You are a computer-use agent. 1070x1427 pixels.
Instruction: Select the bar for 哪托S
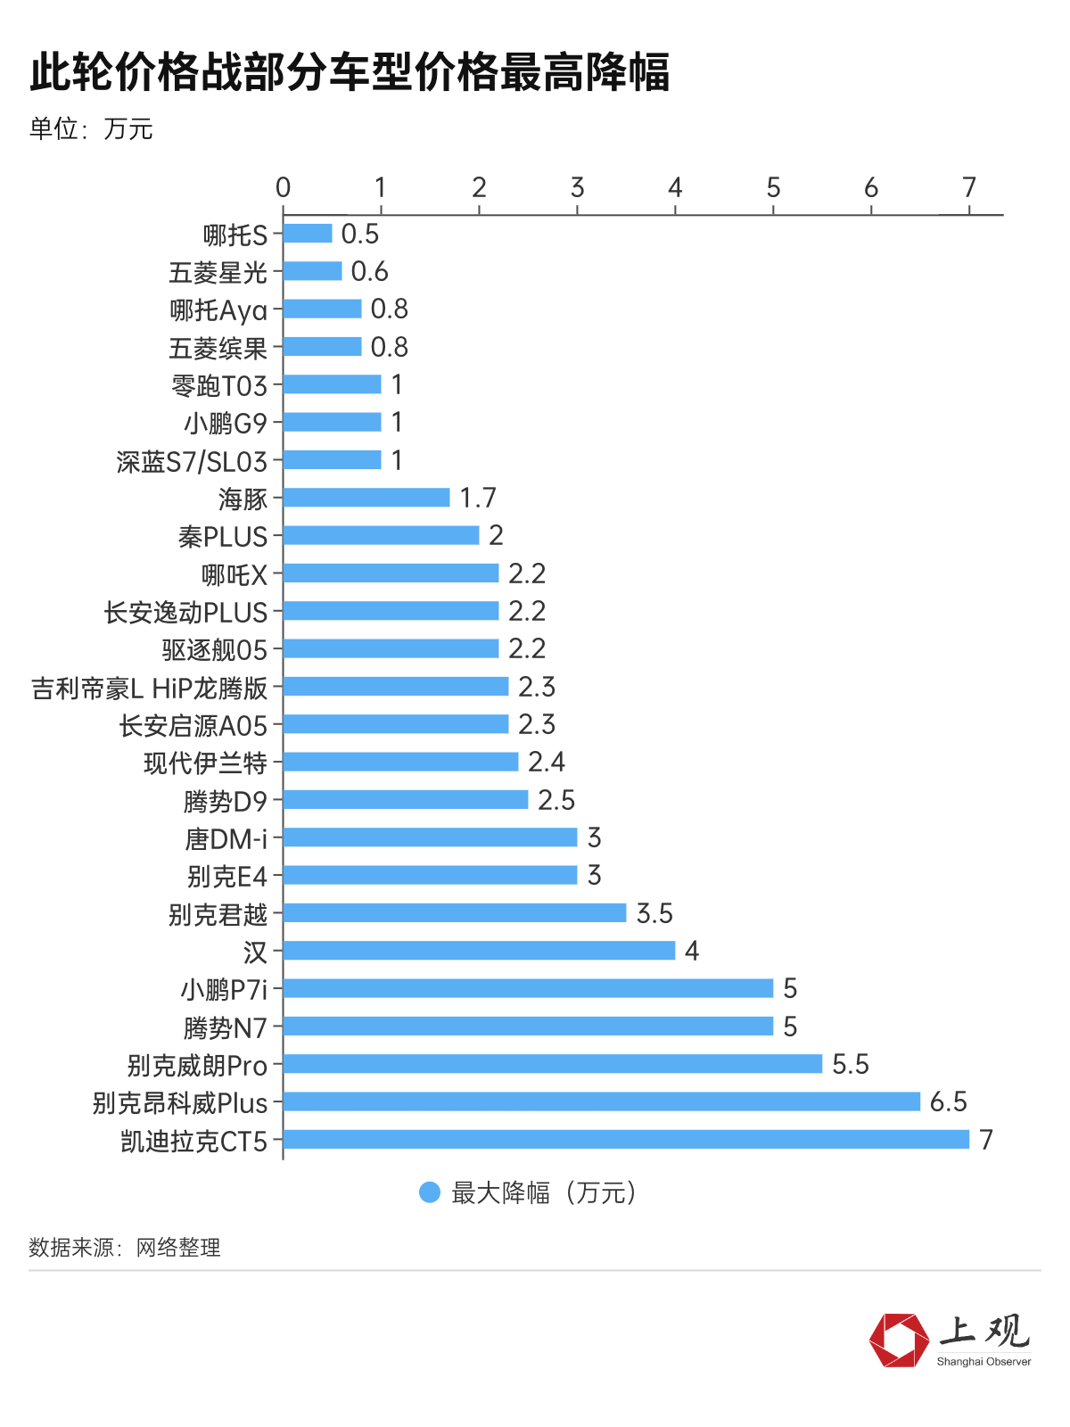click(x=308, y=234)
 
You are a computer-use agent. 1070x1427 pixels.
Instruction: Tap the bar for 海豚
click(x=366, y=498)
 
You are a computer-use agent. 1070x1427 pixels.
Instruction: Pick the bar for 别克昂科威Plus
click(x=601, y=1101)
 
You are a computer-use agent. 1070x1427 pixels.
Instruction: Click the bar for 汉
click(x=479, y=951)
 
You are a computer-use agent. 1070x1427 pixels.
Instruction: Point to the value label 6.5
click(x=948, y=1101)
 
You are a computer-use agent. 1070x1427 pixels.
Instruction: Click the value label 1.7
click(x=478, y=498)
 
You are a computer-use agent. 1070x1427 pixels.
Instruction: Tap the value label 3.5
click(x=654, y=913)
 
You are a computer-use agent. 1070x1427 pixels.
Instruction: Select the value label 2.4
click(x=547, y=762)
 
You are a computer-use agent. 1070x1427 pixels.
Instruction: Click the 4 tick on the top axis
click(x=675, y=188)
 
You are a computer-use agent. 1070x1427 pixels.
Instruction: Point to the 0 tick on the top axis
click(x=284, y=188)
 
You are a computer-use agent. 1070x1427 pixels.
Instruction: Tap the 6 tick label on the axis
click(x=871, y=188)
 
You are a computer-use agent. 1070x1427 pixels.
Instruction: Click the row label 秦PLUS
click(x=223, y=536)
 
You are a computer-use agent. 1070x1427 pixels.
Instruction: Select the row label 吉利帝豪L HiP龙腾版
click(x=150, y=688)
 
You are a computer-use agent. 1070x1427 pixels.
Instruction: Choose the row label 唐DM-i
click(x=226, y=838)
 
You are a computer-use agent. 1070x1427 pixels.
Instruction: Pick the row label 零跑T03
click(x=219, y=385)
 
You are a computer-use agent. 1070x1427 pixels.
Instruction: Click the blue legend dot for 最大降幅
click(x=430, y=1192)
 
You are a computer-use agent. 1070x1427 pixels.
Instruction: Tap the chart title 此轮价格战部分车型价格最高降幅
click(x=350, y=72)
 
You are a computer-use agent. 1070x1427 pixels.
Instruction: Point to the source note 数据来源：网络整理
click(x=125, y=1248)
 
